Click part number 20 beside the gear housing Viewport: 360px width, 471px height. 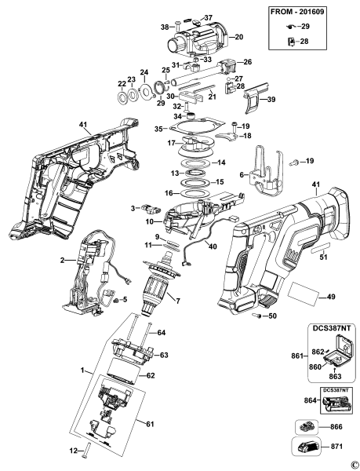click(239, 37)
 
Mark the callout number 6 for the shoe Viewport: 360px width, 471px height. click(242, 174)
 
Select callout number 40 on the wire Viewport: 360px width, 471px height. click(209, 246)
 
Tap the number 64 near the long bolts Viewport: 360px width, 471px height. click(161, 333)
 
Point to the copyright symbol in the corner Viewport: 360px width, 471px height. click(355, 464)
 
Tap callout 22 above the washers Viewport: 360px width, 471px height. click(122, 84)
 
